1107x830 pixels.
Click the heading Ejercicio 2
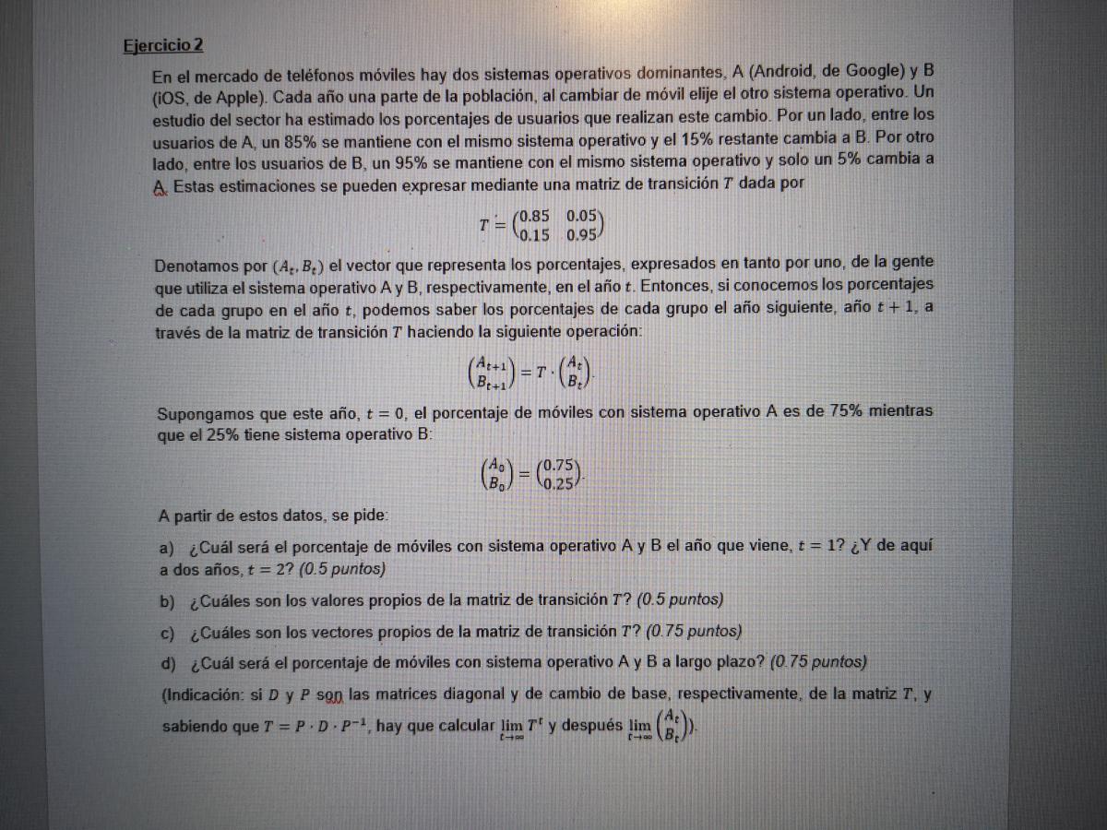[163, 45]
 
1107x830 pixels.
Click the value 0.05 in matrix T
[584, 217]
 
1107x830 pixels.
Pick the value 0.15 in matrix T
[536, 234]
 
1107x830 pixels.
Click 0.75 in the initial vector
[561, 466]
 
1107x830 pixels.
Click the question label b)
[168, 600]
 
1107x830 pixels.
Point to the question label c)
[168, 632]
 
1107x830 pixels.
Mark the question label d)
[168, 663]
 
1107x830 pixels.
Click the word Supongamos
[204, 411]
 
